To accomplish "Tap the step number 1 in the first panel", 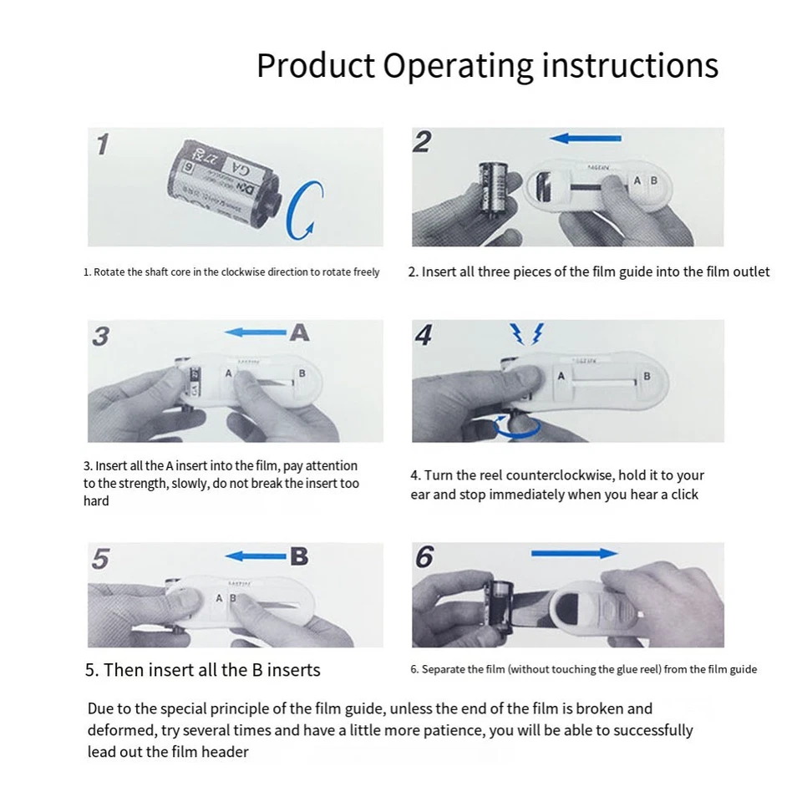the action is coord(103,145).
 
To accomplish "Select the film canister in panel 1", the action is coord(224,183).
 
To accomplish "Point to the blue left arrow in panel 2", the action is coord(585,138).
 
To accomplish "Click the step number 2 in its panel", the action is coord(422,142).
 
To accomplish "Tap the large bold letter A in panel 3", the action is coord(299,332).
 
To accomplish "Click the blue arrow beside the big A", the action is coord(256,332).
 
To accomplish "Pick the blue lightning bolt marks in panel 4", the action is coord(527,333).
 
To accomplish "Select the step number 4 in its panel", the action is coord(424,335).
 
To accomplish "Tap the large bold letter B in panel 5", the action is coord(299,556).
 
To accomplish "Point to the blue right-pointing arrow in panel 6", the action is coord(575,553).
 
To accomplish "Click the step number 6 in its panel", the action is coord(424,557).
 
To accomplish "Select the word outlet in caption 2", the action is coord(751,272).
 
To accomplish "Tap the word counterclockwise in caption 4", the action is coord(560,475).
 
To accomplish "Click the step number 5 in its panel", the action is coord(100,559).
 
